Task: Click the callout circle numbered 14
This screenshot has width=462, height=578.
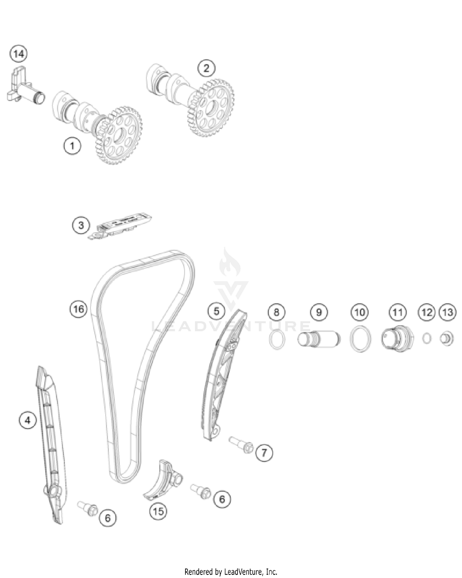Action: click(19, 54)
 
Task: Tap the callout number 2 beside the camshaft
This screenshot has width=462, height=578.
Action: click(206, 68)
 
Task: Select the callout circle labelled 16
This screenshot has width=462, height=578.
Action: click(79, 309)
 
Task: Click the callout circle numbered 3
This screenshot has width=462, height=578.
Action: click(81, 225)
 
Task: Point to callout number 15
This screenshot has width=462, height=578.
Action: click(158, 511)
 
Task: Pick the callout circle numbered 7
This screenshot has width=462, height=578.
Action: click(264, 453)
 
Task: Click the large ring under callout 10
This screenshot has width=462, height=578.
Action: click(360, 339)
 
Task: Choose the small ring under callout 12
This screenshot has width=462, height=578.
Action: click(427, 339)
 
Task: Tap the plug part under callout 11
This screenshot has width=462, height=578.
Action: click(397, 339)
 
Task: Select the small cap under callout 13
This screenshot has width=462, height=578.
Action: click(447, 339)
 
